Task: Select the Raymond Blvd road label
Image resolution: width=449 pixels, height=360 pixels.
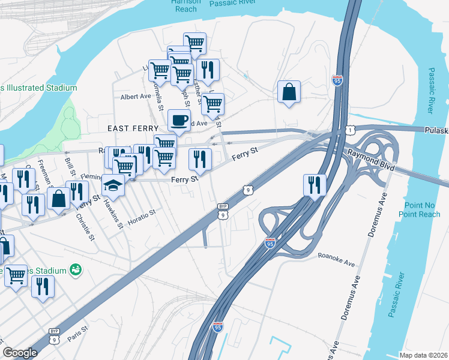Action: coord(370,161)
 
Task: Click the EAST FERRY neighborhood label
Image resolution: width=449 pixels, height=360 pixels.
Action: coord(133,128)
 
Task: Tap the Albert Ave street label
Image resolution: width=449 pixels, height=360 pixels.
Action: coord(136,97)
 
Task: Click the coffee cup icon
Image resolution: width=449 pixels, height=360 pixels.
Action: coord(179,120)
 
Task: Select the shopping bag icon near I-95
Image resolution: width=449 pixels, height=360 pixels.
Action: coord(289,92)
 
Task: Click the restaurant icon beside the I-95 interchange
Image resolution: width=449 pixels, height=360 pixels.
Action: coord(315,184)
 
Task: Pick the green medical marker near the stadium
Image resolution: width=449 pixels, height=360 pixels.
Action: coord(76,268)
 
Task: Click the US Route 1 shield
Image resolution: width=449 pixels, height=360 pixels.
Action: coord(349,130)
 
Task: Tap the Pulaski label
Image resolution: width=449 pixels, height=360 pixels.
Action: coord(436,130)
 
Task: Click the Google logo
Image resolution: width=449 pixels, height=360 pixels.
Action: coord(20,352)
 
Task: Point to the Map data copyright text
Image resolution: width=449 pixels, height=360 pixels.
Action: coord(423,355)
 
